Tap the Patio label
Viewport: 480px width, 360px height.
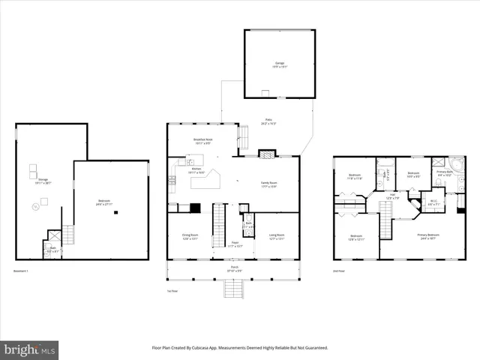[x=268, y=121]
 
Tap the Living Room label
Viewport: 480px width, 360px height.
[x=277, y=237]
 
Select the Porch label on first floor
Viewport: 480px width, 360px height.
[x=232, y=270]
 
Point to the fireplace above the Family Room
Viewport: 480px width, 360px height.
[x=267, y=154]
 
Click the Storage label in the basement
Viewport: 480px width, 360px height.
[x=43, y=181]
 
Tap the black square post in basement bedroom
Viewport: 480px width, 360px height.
[x=116, y=212]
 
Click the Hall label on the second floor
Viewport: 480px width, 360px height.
[x=392, y=197]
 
